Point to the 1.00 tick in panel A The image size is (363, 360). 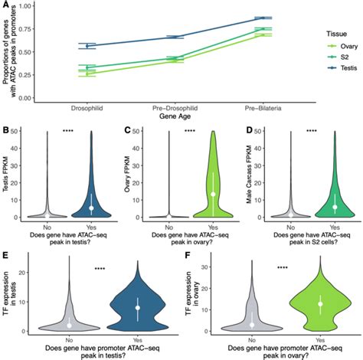(x=25, y=6)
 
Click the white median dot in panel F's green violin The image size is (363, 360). (x=297, y=304)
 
